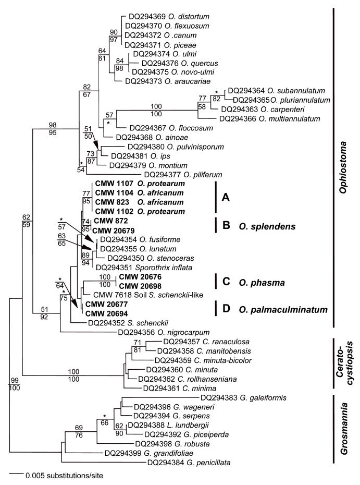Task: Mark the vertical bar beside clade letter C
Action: coord(216,282)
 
